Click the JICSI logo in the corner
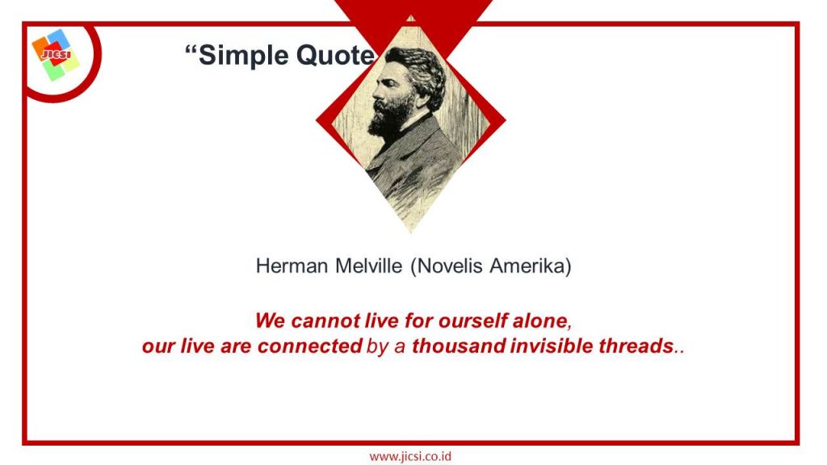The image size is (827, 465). coord(56,55)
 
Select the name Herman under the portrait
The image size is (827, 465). coord(292,266)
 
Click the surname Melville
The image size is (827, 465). coord(368,266)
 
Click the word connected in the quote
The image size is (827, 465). coord(309,346)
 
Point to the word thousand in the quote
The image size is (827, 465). coord(459,346)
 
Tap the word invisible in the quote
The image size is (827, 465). coord(551,346)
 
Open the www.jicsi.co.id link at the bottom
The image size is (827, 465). coord(410,456)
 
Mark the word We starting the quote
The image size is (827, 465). coord(271,320)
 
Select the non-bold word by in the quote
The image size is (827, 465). coord(377,347)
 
